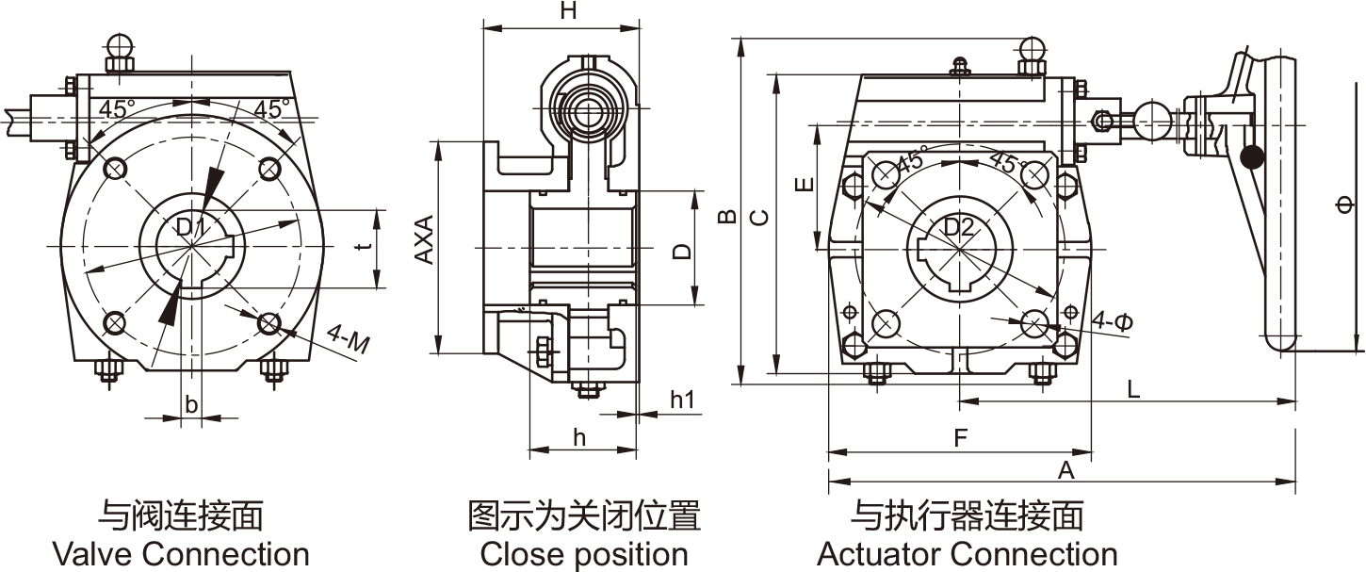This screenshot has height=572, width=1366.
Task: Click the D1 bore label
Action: pyautogui.click(x=191, y=226)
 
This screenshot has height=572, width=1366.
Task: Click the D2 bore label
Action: pyautogui.click(x=957, y=226)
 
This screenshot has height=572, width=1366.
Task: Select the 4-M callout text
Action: pyautogui.click(x=348, y=339)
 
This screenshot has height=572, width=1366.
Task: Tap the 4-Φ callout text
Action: pyautogui.click(x=1113, y=321)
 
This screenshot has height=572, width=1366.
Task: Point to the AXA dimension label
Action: pyautogui.click(x=425, y=240)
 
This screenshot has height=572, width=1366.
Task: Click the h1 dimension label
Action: pyautogui.click(x=682, y=400)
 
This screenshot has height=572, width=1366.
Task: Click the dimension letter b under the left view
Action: pyautogui.click(x=191, y=405)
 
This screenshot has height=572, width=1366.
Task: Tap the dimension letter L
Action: pyautogui.click(x=1133, y=388)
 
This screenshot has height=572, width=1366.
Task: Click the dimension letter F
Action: pyautogui.click(x=960, y=438)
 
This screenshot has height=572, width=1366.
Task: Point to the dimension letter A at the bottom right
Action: pyautogui.click(x=1065, y=470)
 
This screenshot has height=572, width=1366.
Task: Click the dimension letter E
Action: pyautogui.click(x=804, y=185)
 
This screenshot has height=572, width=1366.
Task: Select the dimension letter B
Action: pyautogui.click(x=726, y=217)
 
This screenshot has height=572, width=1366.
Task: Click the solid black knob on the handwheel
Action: pyautogui.click(x=1252, y=157)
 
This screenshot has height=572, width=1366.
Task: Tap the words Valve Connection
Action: pyautogui.click(x=181, y=554)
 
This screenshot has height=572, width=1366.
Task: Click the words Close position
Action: pyautogui.click(x=584, y=554)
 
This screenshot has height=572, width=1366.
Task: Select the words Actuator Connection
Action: pyautogui.click(x=968, y=554)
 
